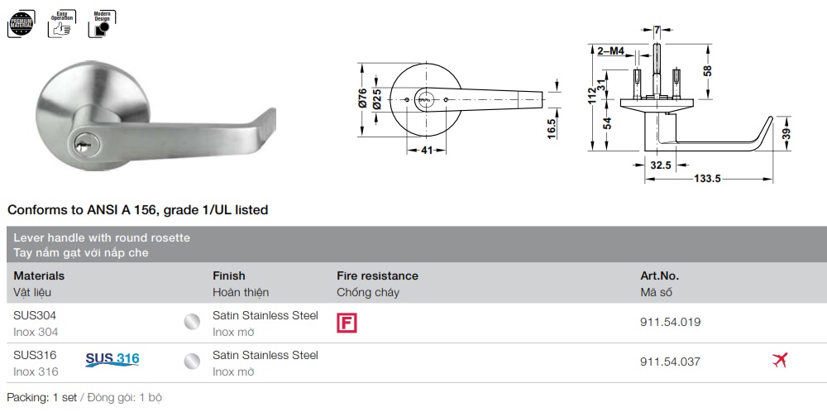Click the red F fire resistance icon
347,323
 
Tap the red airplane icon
779,361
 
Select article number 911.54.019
670,323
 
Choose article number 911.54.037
670,362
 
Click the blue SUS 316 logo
112,359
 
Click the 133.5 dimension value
708,179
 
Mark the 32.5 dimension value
660,165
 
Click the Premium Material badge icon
21,23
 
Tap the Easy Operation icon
62,23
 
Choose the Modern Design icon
101,23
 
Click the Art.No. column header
659,276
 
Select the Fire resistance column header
377,276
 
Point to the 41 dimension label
427,151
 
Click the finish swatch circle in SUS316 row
192,362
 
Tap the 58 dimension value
707,71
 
